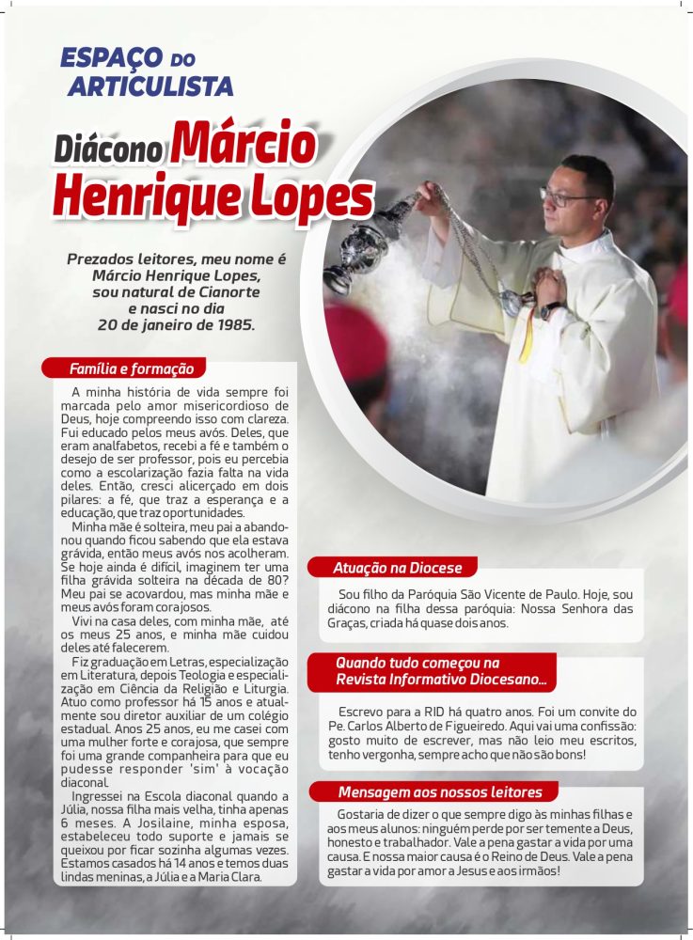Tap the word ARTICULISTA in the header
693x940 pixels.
pos(150,87)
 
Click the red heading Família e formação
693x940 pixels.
pos(131,368)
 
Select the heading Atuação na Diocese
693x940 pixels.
pos(397,568)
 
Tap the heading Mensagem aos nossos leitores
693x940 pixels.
pos(440,791)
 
